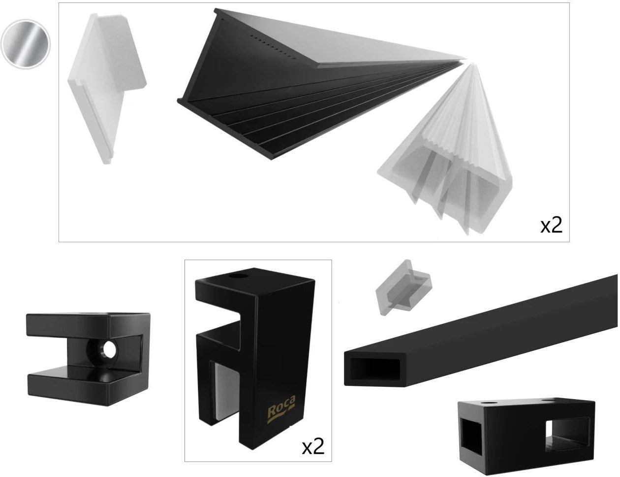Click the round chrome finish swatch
coord(26,44)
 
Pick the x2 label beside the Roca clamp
coord(313,447)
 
